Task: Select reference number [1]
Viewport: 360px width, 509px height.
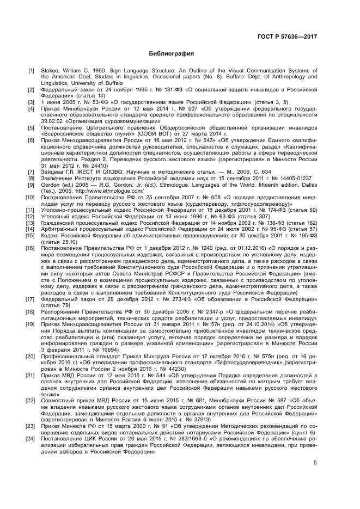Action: [x=32, y=71]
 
